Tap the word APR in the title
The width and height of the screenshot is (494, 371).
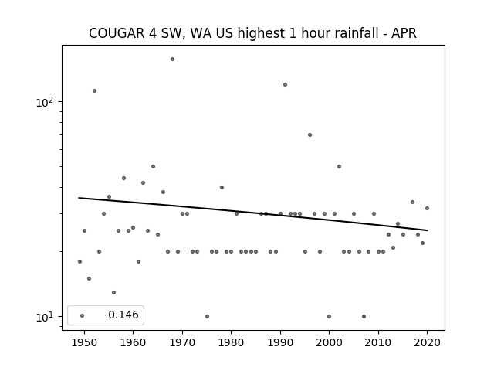click(x=404, y=33)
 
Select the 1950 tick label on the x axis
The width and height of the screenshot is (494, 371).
click(x=84, y=342)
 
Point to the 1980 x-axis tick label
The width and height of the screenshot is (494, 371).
click(x=232, y=342)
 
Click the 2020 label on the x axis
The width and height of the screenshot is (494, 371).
click(x=427, y=342)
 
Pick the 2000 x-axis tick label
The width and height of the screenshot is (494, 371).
click(x=330, y=342)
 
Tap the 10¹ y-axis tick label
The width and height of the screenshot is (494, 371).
click(x=45, y=316)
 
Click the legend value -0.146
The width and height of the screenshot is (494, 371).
click(x=121, y=315)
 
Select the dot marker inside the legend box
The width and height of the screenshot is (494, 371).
click(x=83, y=315)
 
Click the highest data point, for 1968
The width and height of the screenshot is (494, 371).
click(x=172, y=59)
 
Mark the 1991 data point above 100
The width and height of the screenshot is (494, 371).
click(x=285, y=84)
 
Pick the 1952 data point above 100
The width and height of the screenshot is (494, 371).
click(x=94, y=91)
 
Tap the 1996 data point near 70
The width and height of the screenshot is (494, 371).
click(x=310, y=134)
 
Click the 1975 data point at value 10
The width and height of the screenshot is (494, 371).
click(x=207, y=316)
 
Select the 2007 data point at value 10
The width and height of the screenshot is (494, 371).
click(x=364, y=316)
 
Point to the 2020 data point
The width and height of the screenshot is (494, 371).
click(x=427, y=208)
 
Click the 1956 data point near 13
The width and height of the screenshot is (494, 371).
click(x=113, y=292)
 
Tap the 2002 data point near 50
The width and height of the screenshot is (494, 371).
click(x=339, y=167)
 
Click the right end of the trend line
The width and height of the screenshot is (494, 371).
click(x=428, y=230)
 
